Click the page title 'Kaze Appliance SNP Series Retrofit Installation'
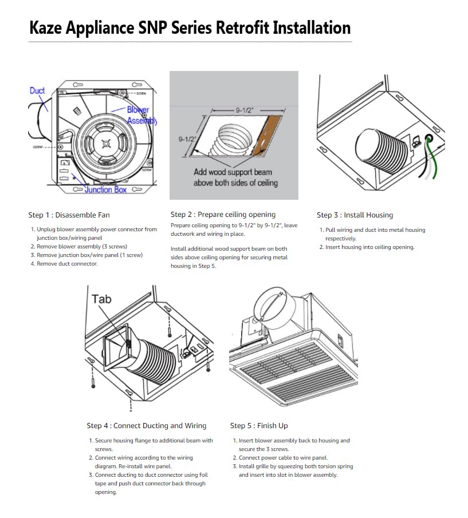190,27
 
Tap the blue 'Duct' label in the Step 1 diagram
37,90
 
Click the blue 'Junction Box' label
105,189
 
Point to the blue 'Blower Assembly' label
139,115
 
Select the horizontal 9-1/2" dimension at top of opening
247,108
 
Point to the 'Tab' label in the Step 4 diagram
101,299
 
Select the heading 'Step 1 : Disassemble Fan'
69,215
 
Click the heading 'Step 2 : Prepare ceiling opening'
223,215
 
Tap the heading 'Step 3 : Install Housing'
355,215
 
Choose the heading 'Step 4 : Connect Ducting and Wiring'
147,426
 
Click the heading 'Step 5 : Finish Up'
259,426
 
